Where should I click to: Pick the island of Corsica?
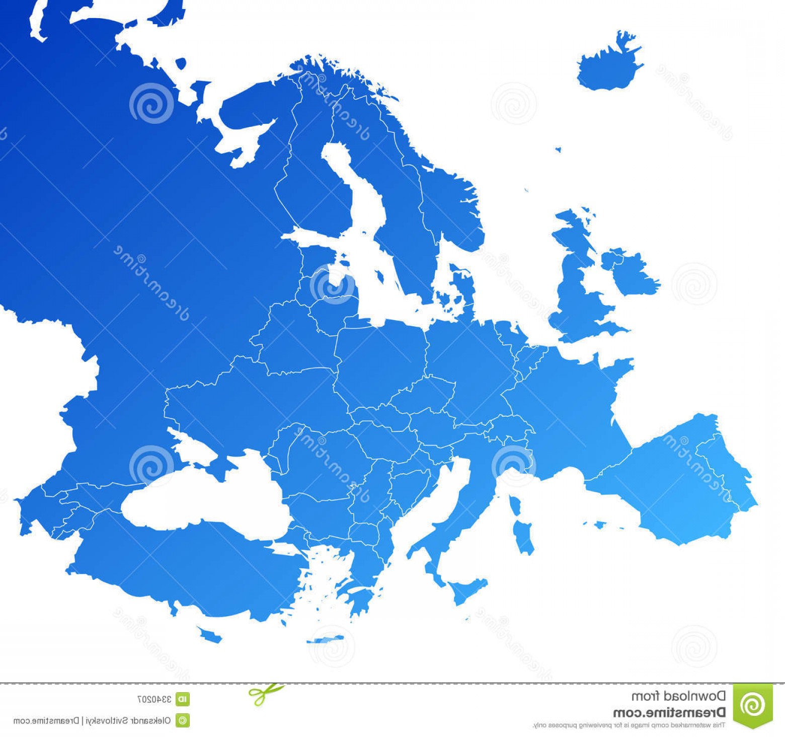(x=515, y=506)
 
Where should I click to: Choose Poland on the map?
(x=380, y=357)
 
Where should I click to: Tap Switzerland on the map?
(x=508, y=425)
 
